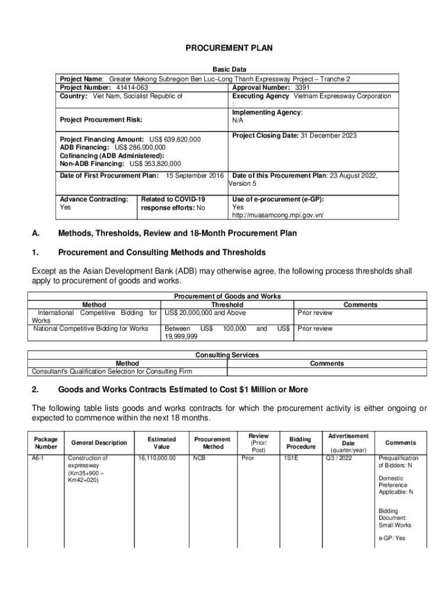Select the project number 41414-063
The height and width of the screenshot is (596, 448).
point(127,87)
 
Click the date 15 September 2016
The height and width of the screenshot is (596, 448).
point(195,175)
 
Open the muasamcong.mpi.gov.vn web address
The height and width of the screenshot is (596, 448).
point(278,215)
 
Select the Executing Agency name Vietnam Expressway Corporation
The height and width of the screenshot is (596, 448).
point(342,95)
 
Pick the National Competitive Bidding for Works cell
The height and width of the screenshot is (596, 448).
point(91,329)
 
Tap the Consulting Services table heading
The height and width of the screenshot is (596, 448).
point(227,355)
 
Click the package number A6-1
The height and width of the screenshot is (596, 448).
point(38,458)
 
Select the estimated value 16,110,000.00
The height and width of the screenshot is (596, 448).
point(157,458)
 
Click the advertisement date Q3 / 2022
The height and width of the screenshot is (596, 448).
point(341,458)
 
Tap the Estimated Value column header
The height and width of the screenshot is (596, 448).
point(162,443)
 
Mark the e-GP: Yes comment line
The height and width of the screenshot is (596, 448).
point(392,538)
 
